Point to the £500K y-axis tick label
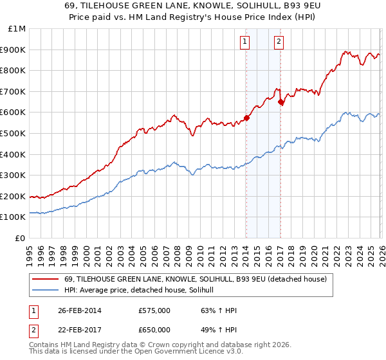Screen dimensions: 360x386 tap(14, 134)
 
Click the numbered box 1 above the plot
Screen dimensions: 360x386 tap(246, 42)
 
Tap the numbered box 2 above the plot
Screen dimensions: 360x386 tap(279, 42)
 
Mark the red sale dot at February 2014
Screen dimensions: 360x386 tap(246, 118)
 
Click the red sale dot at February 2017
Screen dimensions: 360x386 tap(280, 102)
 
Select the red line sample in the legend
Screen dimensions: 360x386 tap(45, 279)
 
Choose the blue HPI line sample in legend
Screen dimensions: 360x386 tap(45, 290)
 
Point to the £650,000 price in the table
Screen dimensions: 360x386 tap(154, 329)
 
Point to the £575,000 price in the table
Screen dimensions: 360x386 tap(154, 311)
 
